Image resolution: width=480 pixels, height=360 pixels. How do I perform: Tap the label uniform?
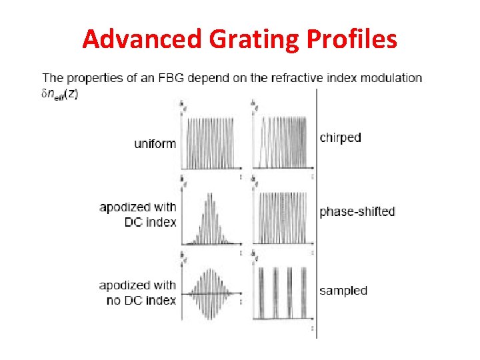point(155,143)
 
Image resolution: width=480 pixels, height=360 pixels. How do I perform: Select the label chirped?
point(340,138)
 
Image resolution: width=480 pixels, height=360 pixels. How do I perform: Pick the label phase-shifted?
point(357,211)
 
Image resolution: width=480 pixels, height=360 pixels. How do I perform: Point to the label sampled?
point(343,290)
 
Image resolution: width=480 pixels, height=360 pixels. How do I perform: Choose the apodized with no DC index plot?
point(211,293)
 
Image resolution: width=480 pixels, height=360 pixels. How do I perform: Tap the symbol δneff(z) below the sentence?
point(60,94)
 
